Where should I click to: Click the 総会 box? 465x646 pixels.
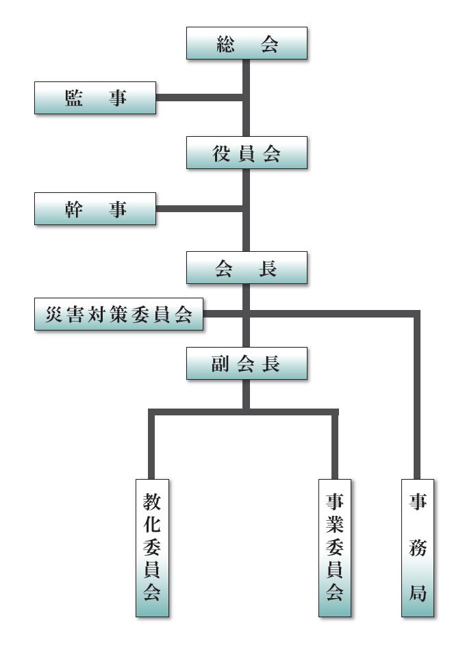247,44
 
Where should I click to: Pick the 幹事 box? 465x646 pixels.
95,209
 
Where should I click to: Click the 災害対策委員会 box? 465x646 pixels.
119,316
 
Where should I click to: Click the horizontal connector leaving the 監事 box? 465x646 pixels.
199,99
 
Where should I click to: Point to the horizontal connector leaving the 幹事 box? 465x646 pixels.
199,208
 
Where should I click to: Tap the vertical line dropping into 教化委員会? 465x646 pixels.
153,445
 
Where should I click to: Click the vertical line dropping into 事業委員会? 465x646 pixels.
336,445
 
